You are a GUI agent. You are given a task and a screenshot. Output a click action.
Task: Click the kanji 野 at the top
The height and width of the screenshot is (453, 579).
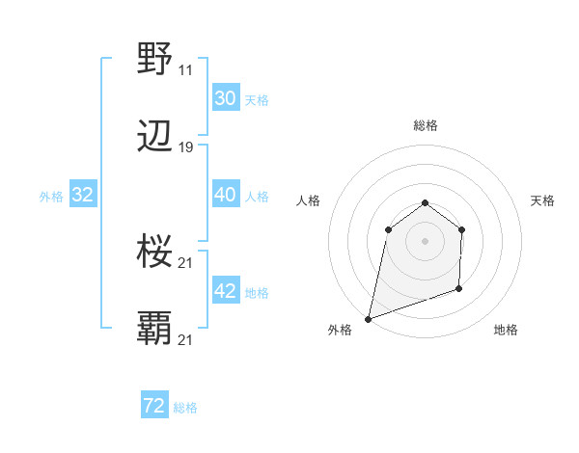pyautogui.click(x=155, y=58)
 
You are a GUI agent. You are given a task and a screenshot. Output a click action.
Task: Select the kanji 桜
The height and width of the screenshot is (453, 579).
pyautogui.click(x=155, y=252)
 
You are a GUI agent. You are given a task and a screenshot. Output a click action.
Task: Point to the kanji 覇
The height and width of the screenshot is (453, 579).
pyautogui.click(x=155, y=329)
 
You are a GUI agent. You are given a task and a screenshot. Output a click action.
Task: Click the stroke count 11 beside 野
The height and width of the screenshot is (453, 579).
pyautogui.click(x=185, y=70)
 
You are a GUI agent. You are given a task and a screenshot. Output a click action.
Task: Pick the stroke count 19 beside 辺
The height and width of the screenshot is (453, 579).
pyautogui.click(x=185, y=148)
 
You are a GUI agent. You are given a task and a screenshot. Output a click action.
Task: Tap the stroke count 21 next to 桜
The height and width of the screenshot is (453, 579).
pyautogui.click(x=185, y=263)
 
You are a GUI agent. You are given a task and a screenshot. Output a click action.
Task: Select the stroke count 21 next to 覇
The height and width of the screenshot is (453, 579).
pyautogui.click(x=185, y=340)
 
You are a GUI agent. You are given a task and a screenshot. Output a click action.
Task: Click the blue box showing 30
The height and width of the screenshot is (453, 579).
pyautogui.click(x=225, y=98)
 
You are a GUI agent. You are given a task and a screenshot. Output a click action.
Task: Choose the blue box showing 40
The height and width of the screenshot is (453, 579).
pyautogui.click(x=225, y=195)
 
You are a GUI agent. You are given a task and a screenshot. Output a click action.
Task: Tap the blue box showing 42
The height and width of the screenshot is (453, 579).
pyautogui.click(x=225, y=292)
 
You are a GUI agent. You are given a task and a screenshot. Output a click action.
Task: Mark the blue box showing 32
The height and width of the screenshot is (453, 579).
pyautogui.click(x=83, y=196)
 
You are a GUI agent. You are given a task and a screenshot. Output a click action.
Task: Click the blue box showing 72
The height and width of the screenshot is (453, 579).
pyautogui.click(x=154, y=407)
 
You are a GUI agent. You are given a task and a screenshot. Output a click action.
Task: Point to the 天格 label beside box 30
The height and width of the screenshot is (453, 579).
pyautogui.click(x=256, y=100)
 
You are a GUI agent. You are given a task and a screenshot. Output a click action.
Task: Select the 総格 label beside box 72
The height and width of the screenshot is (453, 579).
pyautogui.click(x=185, y=409)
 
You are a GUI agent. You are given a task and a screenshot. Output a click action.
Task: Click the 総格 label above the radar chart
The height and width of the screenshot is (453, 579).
pyautogui.click(x=426, y=125)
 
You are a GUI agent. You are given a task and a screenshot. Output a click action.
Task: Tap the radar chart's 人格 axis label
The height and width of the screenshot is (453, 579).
pyautogui.click(x=308, y=200)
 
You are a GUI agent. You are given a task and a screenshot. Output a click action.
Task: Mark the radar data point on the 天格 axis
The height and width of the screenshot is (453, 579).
pyautogui.click(x=462, y=229)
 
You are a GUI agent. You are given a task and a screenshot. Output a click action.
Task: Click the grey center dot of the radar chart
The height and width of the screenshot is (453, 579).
pyautogui.click(x=425, y=241)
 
